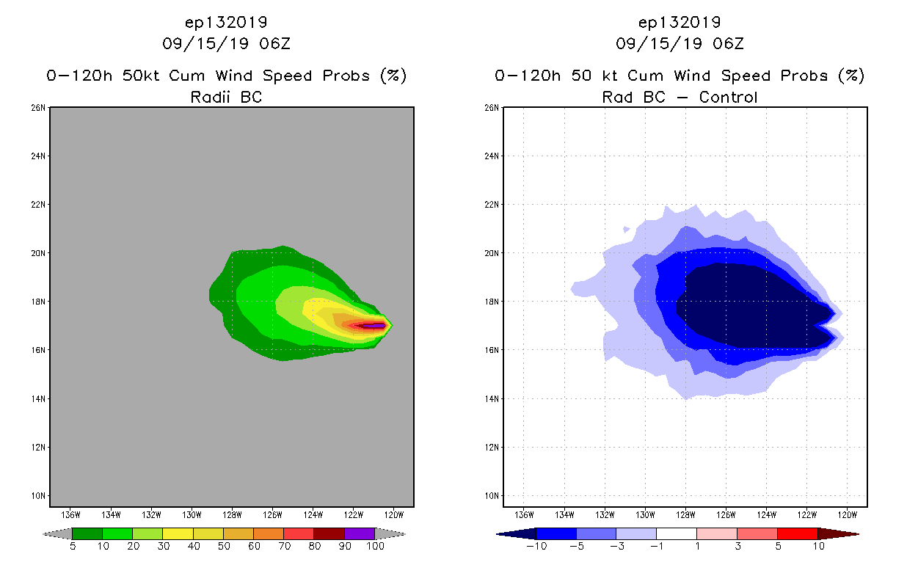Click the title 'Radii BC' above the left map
(226, 97)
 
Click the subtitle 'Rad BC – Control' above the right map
(680, 97)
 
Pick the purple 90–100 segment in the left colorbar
(360, 533)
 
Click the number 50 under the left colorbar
(223, 547)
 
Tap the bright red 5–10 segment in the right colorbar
(797, 533)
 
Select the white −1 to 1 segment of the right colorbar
(676, 533)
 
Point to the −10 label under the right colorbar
(536, 547)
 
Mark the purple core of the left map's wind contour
(376, 325)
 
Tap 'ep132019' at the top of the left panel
(226, 21)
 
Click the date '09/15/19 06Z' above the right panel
(680, 43)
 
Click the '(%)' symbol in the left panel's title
(393, 76)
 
